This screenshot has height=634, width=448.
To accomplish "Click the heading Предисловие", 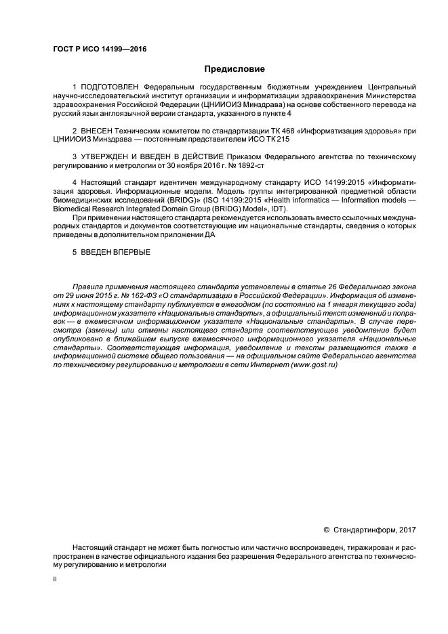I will [235, 69].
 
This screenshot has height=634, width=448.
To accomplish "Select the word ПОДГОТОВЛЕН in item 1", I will [110, 88].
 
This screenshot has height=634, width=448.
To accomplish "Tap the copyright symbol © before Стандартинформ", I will [326, 529].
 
